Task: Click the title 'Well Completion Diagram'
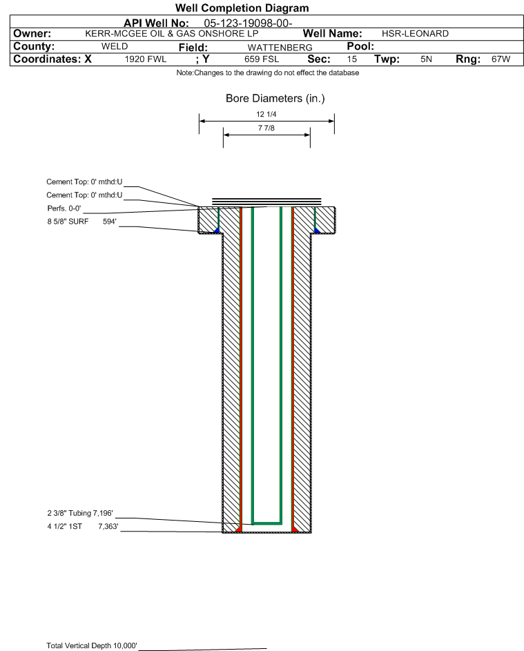point(242,8)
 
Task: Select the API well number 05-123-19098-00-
point(248,23)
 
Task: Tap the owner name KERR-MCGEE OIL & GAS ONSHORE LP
point(171,34)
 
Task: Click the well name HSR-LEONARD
point(415,34)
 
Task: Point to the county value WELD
point(115,46)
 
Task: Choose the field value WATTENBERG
point(280,48)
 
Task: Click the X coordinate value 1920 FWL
point(145,59)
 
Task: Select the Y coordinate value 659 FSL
point(262,59)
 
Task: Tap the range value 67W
point(501,59)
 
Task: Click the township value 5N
point(426,59)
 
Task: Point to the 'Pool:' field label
point(360,46)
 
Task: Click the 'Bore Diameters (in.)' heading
point(275,99)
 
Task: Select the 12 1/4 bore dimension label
point(266,114)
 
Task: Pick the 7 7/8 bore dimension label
point(266,128)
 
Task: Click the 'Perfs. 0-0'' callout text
point(64,208)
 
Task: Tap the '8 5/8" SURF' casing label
point(68,222)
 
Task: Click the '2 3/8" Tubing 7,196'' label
point(80,513)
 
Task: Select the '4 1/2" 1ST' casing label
point(64,527)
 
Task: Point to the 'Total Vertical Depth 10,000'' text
point(92,645)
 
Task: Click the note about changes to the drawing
point(268,72)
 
